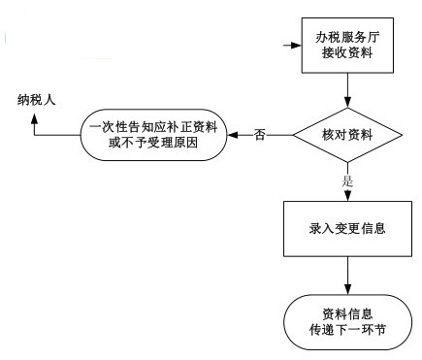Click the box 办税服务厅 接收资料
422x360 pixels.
[x=347, y=46]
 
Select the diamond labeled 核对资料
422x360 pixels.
[x=347, y=134]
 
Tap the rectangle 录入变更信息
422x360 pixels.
[x=347, y=230]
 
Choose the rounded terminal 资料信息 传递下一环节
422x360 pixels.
[x=347, y=322]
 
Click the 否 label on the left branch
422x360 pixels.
[x=259, y=134]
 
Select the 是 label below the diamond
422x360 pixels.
[x=347, y=181]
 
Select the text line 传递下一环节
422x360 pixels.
[x=347, y=331]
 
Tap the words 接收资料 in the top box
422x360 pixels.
[x=347, y=54]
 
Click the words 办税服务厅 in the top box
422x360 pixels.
[x=347, y=37]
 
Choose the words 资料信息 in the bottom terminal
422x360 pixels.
[x=347, y=313]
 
